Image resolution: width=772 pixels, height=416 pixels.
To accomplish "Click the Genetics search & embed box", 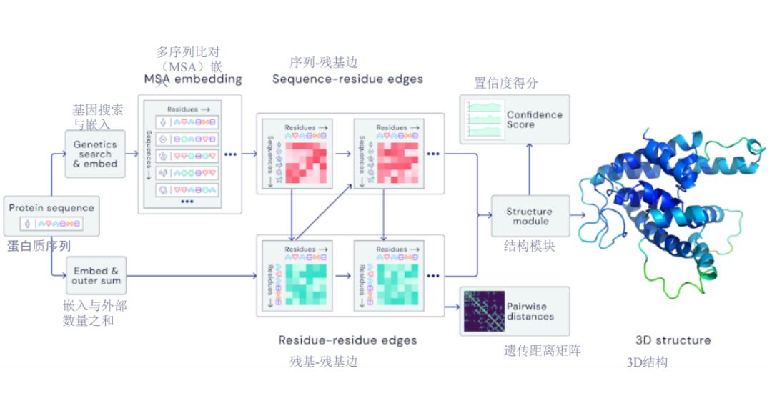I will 96,154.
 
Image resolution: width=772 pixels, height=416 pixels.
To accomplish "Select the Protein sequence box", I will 51,216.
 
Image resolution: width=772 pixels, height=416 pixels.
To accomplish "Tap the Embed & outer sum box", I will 96,276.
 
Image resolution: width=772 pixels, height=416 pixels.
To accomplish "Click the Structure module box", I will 530,216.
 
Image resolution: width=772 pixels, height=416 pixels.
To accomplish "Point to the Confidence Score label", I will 534,119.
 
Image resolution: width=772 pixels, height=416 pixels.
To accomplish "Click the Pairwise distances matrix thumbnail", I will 483,311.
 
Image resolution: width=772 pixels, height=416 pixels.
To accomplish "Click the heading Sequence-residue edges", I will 347,79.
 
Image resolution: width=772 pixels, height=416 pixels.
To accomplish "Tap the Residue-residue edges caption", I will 347,340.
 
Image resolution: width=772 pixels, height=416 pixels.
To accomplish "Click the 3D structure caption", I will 673,340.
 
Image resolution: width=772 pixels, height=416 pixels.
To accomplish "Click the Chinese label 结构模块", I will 530,247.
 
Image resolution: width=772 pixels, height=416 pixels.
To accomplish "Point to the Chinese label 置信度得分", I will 506,84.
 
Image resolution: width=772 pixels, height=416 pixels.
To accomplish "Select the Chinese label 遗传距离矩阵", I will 542,351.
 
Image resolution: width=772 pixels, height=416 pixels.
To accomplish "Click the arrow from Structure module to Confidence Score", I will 530,169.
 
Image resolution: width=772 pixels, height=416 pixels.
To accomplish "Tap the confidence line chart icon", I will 483,119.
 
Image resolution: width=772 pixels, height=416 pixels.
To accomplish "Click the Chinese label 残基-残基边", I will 324,362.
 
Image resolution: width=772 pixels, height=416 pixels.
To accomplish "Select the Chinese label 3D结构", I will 647,362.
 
